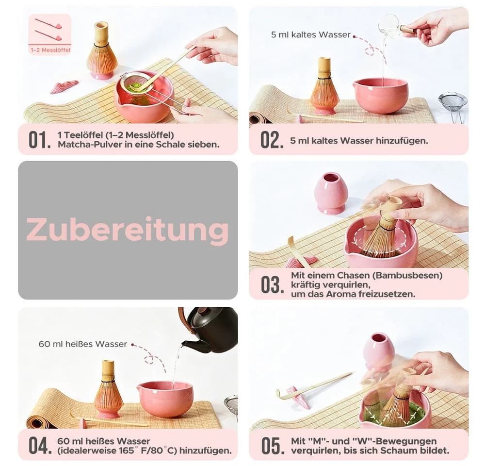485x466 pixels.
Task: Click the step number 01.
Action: (40, 140)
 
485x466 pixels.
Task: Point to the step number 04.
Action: (40, 446)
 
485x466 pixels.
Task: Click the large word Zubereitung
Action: (128, 230)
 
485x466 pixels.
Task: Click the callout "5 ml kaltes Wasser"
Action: (310, 34)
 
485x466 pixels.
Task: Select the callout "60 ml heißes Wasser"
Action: (82, 344)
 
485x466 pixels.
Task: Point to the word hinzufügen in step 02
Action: (402, 141)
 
